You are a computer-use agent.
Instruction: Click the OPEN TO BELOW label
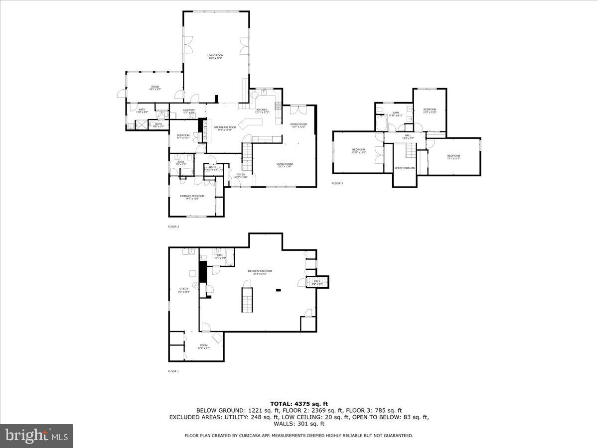[405, 168]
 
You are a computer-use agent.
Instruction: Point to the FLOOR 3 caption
[337, 184]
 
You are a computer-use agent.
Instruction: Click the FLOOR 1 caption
[173, 371]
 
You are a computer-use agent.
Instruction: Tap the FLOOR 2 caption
[173, 226]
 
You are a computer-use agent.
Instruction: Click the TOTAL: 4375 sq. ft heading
[299, 404]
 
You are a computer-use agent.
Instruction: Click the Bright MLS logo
[36, 436]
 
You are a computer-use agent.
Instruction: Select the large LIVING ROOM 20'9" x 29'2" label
[215, 56]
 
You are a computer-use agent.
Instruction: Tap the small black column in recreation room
[278, 290]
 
